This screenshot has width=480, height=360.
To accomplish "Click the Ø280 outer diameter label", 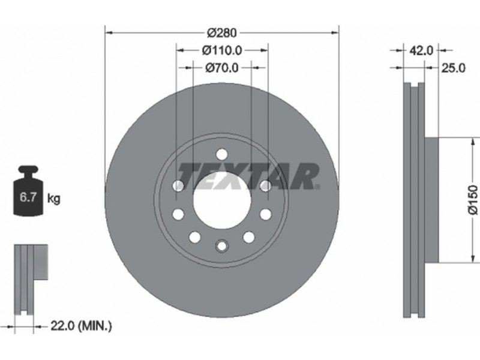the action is [x=221, y=32].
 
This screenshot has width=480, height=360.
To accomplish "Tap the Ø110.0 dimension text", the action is [x=222, y=50].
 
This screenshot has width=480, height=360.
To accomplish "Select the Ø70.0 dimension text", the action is [x=221, y=68].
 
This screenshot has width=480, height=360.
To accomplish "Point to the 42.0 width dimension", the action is [x=421, y=50].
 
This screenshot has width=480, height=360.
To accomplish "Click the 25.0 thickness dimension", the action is [x=453, y=68].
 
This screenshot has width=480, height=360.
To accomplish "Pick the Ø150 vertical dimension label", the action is [x=473, y=200].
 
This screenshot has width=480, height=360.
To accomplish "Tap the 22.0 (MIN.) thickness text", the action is [x=81, y=326].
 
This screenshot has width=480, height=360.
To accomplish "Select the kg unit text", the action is [x=54, y=199].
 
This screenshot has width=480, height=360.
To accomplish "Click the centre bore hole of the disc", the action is [x=222, y=200].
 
